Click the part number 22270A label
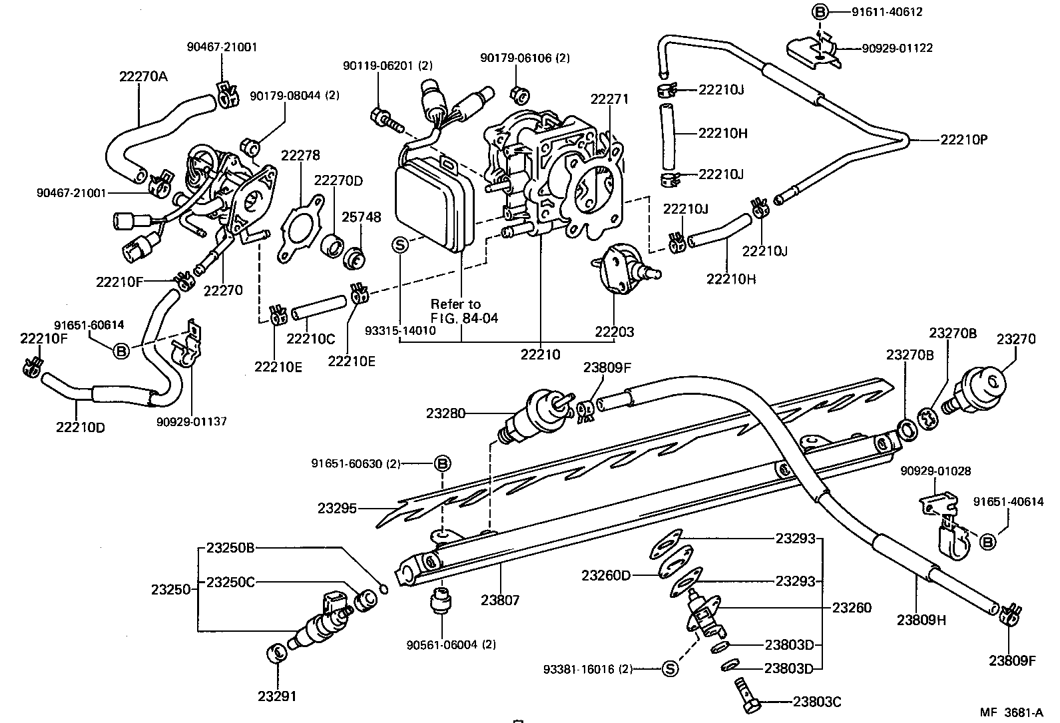click(143, 77)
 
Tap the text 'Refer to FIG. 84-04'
click(464, 311)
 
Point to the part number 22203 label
click(614, 332)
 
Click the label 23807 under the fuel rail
click(500, 601)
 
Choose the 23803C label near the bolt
click(818, 702)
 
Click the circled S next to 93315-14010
click(400, 244)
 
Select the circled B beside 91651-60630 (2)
click(443, 463)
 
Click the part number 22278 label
click(300, 155)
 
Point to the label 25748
click(362, 217)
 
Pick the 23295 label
click(337, 509)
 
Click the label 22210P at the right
click(964, 140)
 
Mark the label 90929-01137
click(192, 421)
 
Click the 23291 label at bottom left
click(277, 696)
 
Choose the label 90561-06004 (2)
click(451, 644)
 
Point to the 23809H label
click(921, 620)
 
